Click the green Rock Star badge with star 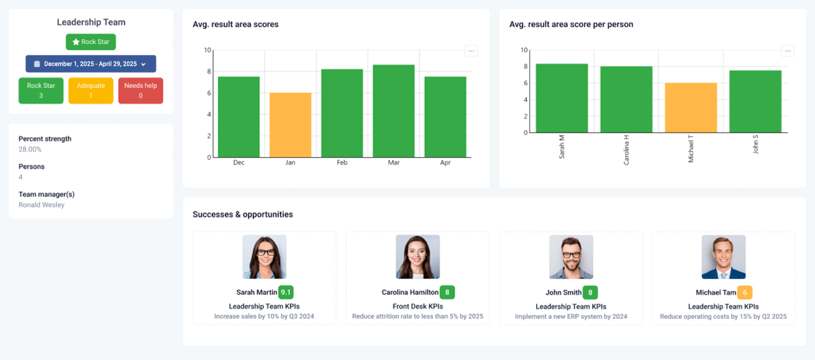(x=90, y=42)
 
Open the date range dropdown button (x=90, y=64)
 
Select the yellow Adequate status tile (x=90, y=91)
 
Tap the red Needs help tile (x=141, y=91)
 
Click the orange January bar (x=290, y=125)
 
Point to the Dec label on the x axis (x=239, y=163)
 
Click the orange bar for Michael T (x=690, y=108)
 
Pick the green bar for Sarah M (x=561, y=98)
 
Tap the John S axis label (x=755, y=145)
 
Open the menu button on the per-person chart (x=788, y=51)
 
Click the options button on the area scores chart (x=471, y=51)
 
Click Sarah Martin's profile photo (x=265, y=257)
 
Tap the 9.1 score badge (x=286, y=292)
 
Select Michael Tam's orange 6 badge (x=744, y=292)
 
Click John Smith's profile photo (x=571, y=257)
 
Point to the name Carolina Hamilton (x=409, y=293)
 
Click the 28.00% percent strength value (x=30, y=149)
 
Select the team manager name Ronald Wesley (x=42, y=205)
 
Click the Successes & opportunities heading (x=243, y=215)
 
